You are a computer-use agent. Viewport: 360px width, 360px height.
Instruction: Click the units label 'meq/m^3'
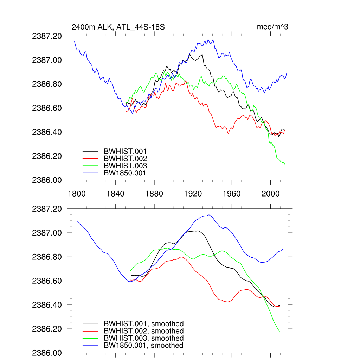pyautogui.click(x=273, y=27)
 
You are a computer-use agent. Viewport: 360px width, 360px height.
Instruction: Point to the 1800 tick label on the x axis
pyautogui.click(x=77, y=194)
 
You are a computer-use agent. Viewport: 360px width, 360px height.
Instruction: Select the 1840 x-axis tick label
pyautogui.click(x=115, y=194)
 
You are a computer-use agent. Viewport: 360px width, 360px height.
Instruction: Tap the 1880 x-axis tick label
pyautogui.click(x=154, y=194)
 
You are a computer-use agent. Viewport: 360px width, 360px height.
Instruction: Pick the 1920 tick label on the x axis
pyautogui.click(x=193, y=194)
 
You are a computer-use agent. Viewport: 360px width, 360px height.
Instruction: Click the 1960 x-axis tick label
pyautogui.click(x=232, y=194)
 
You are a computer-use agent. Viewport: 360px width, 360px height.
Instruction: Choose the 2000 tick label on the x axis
pyautogui.click(x=270, y=194)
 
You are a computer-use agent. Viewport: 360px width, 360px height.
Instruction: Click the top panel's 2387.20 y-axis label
pyautogui.click(x=47, y=36)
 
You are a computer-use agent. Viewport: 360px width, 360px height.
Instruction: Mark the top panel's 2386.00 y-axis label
pyautogui.click(x=47, y=180)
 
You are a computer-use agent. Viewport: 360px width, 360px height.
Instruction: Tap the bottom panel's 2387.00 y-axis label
pyautogui.click(x=47, y=233)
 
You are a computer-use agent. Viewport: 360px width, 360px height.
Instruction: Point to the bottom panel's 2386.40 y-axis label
pyautogui.click(x=47, y=305)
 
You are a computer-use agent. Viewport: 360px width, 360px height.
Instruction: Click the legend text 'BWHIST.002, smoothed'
pyautogui.click(x=144, y=331)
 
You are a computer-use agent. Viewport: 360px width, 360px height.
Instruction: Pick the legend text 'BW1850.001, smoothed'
pyautogui.click(x=144, y=346)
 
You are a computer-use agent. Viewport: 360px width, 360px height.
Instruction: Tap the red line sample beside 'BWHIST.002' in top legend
pyautogui.click(x=90, y=159)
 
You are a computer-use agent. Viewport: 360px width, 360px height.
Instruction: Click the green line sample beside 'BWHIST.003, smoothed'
pyautogui.click(x=90, y=338)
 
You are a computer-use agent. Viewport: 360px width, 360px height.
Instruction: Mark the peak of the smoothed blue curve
pyautogui.click(x=209, y=215)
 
